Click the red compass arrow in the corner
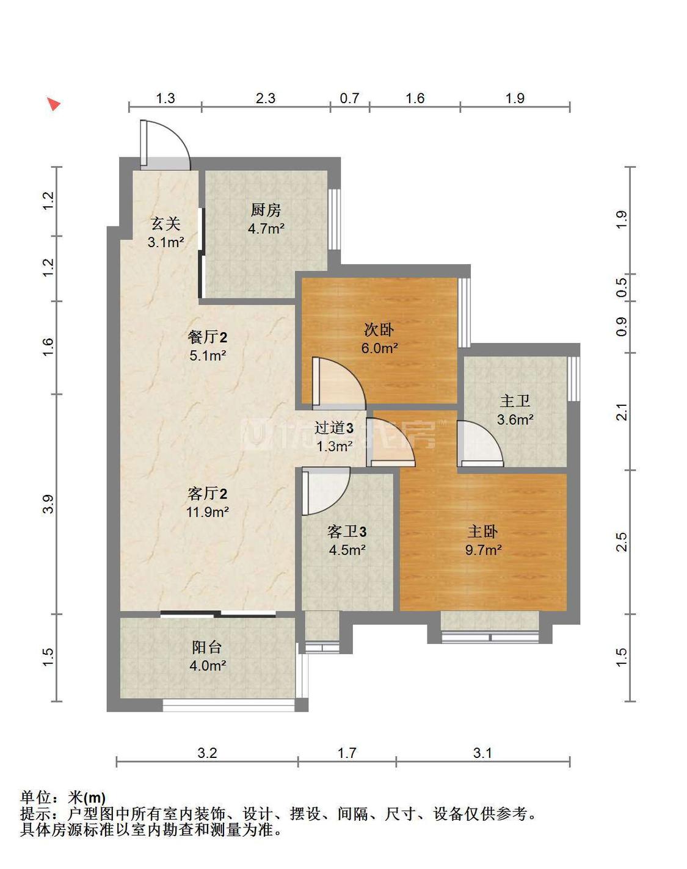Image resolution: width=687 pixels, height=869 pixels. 53,104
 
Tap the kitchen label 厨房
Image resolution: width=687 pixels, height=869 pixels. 266,210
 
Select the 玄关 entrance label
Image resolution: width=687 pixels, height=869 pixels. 165,224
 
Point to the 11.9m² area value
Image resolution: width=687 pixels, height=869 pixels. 207,512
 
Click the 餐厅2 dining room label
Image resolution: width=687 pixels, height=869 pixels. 207,337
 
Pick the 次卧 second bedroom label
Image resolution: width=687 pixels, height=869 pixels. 379,330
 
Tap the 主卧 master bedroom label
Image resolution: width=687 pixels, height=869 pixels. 482,532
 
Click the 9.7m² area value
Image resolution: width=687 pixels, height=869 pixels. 483,550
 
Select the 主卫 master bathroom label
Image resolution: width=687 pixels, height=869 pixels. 515,401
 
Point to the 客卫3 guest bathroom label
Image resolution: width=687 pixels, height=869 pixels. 347,532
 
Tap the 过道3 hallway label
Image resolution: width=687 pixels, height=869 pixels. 334,428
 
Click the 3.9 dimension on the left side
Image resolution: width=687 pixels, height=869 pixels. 48,504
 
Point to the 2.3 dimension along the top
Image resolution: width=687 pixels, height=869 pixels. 266,98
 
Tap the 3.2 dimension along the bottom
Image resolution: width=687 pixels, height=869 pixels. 207,752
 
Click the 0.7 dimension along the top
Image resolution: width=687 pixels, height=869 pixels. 349,98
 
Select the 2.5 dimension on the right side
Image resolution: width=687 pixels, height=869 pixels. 622,542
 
